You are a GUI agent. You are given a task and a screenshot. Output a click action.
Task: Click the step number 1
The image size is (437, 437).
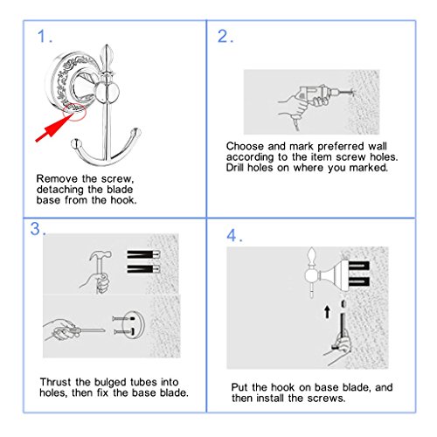pyautogui.click(x=43, y=37)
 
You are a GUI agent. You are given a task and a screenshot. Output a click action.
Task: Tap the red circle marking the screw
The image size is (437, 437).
pyautogui.click(x=74, y=112)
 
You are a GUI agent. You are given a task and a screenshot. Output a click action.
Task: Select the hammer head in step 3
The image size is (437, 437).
pyautogui.click(x=101, y=255)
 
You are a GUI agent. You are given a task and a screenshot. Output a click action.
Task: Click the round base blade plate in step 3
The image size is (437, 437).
pyautogui.click(x=133, y=324)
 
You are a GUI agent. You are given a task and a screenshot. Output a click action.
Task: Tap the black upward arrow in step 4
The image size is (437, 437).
pyautogui.click(x=327, y=312)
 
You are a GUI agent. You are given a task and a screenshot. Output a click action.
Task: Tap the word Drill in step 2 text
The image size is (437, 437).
pyautogui.click(x=235, y=167)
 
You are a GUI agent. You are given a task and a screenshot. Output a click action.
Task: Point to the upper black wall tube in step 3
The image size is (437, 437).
pyautogui.click(x=143, y=254)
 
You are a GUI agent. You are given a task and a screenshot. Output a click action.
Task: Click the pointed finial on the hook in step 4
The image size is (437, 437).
pyautogui.click(x=312, y=256)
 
